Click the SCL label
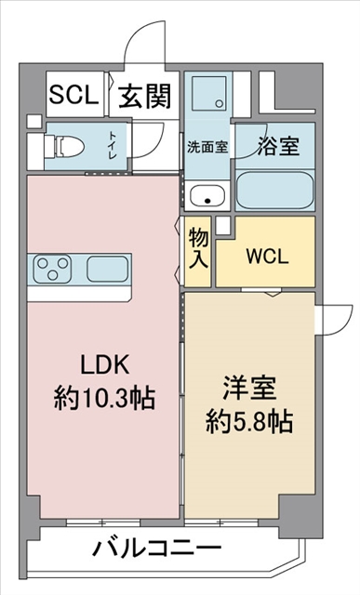tap(73, 94)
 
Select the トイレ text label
tap(113, 145)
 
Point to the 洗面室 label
tap(207, 147)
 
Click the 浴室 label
tap(278, 145)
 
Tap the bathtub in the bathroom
tap(275, 191)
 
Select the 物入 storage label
tap(198, 248)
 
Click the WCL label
tap(267, 257)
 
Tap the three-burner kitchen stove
tap(52, 269)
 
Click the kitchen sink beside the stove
tap(108, 269)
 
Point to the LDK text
tap(105, 364)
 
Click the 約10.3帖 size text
tap(104, 398)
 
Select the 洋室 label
tap(249, 389)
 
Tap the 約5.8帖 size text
tap(249, 421)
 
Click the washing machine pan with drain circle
tap(209, 93)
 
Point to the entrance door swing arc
tap(140, 36)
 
